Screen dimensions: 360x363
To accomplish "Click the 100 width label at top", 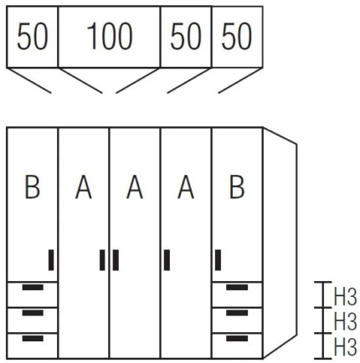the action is tap(110, 36).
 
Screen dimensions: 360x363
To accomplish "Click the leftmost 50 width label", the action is tap(33, 36).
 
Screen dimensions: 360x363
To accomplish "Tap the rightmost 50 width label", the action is tap(237, 36).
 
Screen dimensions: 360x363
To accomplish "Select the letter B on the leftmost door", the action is tap(33, 187).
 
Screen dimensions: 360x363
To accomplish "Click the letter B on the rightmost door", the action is tap(237, 187).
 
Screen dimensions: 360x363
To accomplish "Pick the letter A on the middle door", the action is tap(135, 187).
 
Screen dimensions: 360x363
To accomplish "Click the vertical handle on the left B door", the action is tap(51, 260).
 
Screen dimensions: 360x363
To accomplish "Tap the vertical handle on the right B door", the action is tap(218, 260).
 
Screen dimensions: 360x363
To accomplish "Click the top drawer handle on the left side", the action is tap(33, 288).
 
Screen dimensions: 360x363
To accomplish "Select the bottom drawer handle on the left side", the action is tap(33, 338).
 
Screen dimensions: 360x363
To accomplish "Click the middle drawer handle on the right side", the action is tap(237, 313).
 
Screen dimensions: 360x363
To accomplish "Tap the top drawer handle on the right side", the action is tap(237, 288).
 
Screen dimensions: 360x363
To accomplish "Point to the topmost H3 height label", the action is tap(345, 298).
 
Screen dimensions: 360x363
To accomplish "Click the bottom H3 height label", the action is tap(345, 347).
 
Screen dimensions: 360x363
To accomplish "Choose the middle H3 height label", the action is tap(345, 321).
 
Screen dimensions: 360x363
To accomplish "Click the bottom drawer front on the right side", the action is tap(237, 345).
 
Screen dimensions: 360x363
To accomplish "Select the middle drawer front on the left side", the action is tap(33, 320).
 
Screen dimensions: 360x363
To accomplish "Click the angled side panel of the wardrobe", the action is tap(280, 243).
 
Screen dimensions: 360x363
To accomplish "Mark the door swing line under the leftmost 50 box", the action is tap(29, 80).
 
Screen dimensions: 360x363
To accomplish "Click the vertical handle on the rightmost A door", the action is tap(167, 260).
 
